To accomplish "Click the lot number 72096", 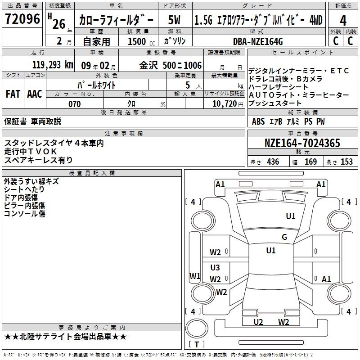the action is (22, 19).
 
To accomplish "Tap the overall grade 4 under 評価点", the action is (343, 21).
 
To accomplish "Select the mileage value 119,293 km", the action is (53, 65).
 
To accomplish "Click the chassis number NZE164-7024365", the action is (302, 143).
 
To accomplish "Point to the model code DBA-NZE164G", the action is (258, 41).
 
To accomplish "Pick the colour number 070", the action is (75, 104).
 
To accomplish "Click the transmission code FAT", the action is (13, 94).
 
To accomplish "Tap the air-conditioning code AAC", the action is (35, 94).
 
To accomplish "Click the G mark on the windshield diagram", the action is (284, 237).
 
